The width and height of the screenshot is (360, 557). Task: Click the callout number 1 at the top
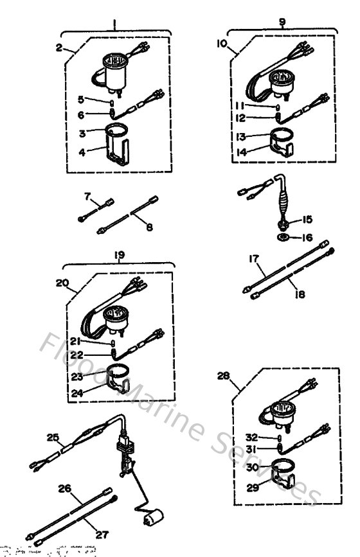(114, 26)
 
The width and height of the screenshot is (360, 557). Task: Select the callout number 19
(119, 254)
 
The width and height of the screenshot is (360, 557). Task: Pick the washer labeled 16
(283, 238)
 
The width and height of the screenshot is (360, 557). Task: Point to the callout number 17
(255, 260)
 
